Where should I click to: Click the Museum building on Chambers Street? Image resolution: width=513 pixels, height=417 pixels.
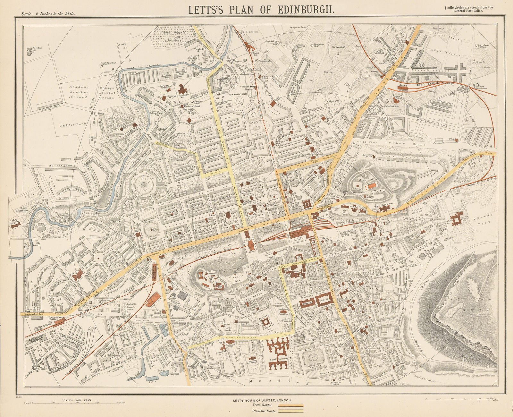click(306, 303)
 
